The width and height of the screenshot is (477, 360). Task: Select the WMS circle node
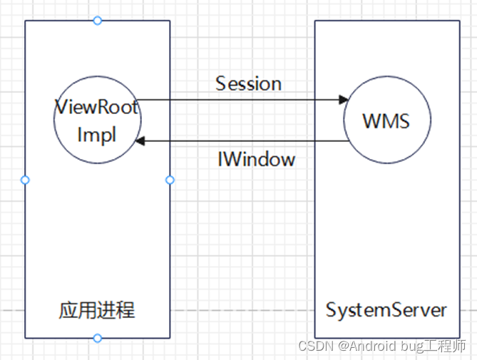tap(386, 120)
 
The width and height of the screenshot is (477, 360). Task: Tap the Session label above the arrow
tap(248, 83)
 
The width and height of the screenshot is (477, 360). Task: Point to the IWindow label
tap(256, 159)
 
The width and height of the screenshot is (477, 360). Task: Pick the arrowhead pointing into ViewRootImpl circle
tap(140, 141)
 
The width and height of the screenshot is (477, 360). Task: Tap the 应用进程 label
tap(97, 311)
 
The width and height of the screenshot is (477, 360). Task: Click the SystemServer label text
tap(386, 311)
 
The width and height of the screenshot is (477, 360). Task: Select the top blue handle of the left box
tap(98, 21)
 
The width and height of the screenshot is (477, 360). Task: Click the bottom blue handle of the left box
tap(98, 338)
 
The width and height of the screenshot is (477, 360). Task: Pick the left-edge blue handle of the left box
tap(25, 180)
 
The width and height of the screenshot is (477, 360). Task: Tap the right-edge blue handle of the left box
tap(170, 180)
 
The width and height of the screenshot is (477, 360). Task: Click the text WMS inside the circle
tap(386, 120)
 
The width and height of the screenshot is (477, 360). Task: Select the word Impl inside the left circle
tap(97, 135)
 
